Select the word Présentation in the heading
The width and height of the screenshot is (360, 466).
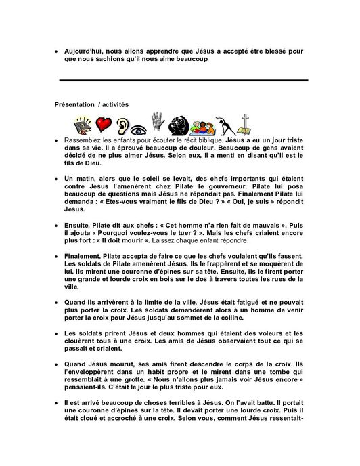coord(78,104)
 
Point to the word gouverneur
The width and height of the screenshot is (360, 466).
coord(231,192)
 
